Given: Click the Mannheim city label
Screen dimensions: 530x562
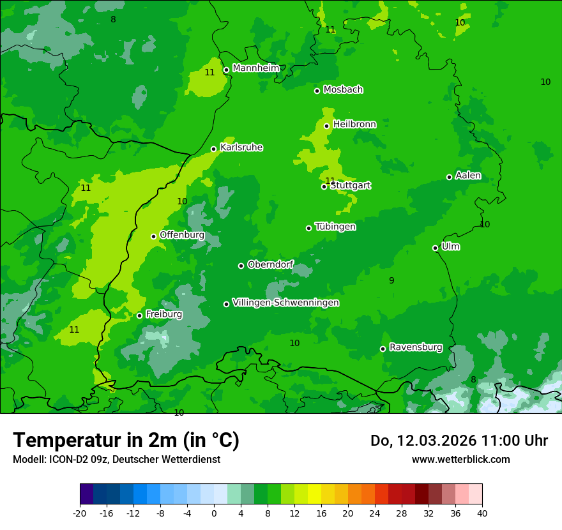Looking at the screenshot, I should click(x=255, y=68).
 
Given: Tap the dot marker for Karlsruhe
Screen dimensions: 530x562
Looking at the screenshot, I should click(x=214, y=149).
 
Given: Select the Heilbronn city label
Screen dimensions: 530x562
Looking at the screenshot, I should click(x=354, y=125).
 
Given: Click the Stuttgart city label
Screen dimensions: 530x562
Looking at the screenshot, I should click(x=351, y=186).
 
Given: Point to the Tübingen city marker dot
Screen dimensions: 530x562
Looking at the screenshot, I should click(x=309, y=228).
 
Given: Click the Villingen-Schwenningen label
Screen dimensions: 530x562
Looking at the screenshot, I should click(x=285, y=303).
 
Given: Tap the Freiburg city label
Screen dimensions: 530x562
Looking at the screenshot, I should click(x=163, y=314).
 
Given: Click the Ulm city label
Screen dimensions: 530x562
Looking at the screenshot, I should click(x=450, y=246).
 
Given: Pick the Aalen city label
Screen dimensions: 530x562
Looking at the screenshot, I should click(x=468, y=176).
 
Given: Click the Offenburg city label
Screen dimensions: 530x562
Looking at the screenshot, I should click(x=182, y=235).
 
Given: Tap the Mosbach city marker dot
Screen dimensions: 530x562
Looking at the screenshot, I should click(x=317, y=91).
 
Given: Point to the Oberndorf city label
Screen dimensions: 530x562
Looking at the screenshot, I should click(x=270, y=264).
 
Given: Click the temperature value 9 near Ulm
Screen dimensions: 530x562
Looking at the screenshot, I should click(x=391, y=280).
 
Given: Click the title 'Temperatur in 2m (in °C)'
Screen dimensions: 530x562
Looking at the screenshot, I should click(x=126, y=440).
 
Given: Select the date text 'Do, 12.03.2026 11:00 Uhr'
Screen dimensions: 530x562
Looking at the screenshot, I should click(x=459, y=441).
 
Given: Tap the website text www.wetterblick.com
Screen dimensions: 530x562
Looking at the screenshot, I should click(x=460, y=459).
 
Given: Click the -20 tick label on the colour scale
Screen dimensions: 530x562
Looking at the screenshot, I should click(x=80, y=513).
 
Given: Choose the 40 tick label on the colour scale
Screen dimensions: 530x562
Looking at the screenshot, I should click(x=482, y=513).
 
